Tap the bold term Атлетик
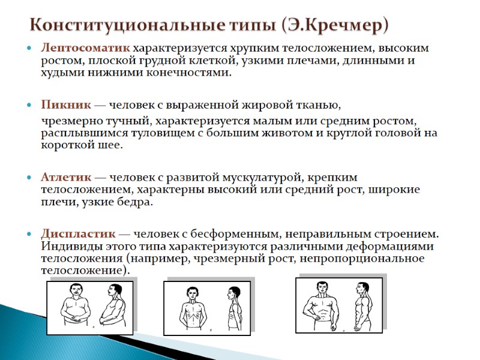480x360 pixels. tap(66, 178)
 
